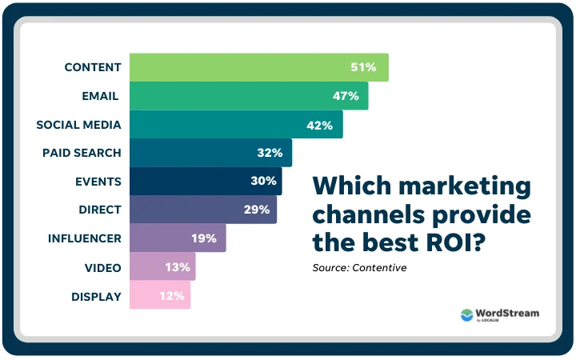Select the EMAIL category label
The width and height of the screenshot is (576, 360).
[100, 96]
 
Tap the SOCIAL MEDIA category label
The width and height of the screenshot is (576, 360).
[78, 125]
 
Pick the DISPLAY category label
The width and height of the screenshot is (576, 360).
[95, 296]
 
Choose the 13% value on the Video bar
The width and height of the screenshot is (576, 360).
[177, 267]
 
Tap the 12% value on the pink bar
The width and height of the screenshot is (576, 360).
[172, 296]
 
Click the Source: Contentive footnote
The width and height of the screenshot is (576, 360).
[359, 267]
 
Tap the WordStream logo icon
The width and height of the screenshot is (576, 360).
[467, 315]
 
